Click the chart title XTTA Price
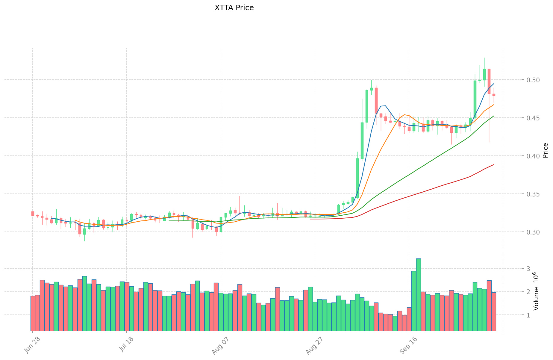[x=234, y=8]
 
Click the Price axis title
[x=545, y=150]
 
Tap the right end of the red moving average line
[x=494, y=164]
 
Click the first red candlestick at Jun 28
[x=33, y=213]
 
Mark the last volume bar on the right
[x=494, y=311]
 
